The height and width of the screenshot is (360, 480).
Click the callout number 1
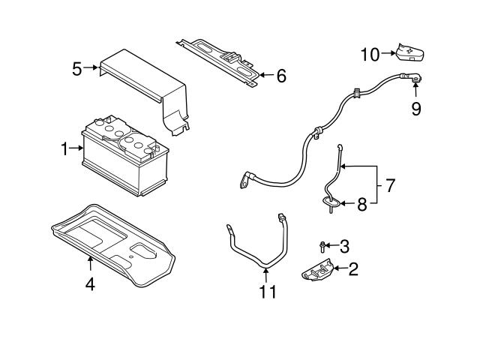coord(65,148)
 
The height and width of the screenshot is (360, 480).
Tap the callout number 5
coord(77,69)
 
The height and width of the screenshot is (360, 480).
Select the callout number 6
coord(280,76)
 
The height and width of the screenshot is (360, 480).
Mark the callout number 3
coord(344,245)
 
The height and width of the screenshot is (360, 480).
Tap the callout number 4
coord(89,285)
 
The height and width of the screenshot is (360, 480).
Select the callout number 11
coord(267,291)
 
